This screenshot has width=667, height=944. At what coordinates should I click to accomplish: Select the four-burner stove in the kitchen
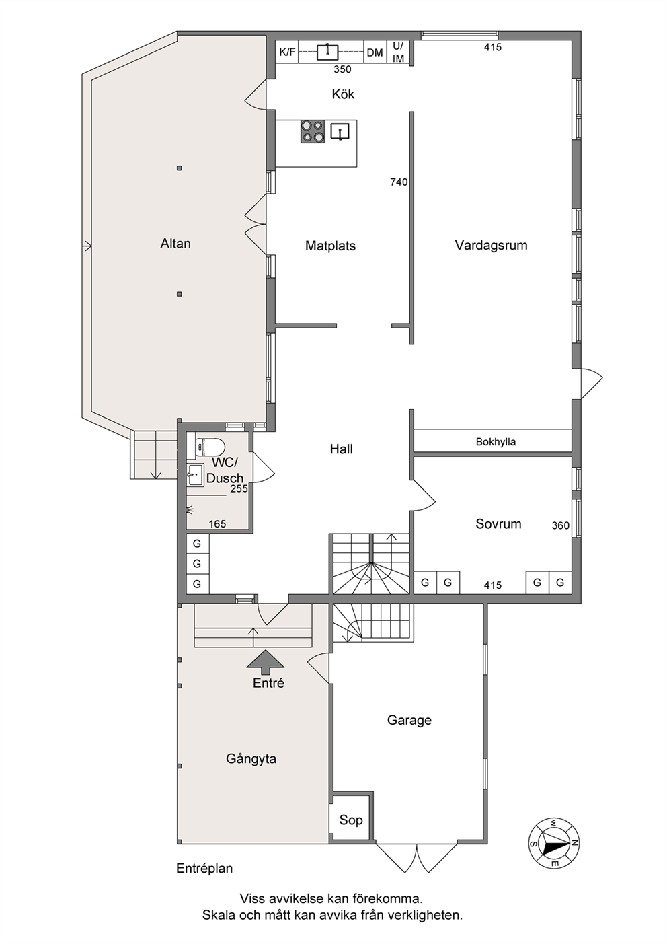click(313, 131)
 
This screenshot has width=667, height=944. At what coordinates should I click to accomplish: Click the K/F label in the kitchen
click(287, 52)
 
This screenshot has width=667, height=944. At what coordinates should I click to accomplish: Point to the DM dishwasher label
click(375, 52)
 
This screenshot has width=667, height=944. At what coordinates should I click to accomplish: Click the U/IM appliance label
click(398, 52)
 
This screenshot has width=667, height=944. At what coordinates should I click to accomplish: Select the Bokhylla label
click(496, 442)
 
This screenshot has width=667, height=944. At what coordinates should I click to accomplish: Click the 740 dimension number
click(399, 182)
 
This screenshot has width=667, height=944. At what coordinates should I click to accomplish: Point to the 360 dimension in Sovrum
click(561, 525)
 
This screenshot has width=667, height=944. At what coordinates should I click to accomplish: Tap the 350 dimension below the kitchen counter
click(342, 69)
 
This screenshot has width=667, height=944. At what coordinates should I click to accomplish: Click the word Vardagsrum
click(491, 246)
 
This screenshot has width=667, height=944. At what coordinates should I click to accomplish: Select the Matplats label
click(331, 246)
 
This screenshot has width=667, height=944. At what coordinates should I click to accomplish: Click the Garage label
click(409, 720)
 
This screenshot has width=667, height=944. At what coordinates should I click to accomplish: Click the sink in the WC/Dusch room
click(195, 475)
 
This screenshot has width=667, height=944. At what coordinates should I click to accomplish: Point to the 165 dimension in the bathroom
click(217, 524)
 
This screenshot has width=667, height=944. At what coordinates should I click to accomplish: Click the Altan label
click(175, 244)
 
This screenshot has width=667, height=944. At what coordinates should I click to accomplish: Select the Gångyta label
click(251, 759)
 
